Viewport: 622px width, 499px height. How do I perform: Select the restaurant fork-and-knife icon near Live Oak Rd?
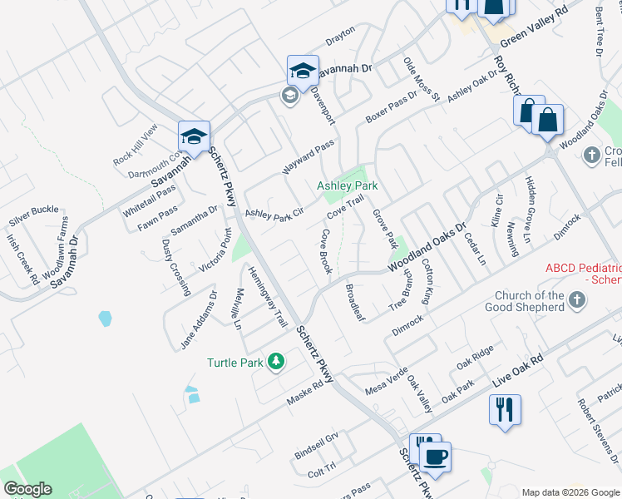pos(505,409)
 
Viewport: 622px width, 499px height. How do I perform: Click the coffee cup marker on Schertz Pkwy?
pos(434,456)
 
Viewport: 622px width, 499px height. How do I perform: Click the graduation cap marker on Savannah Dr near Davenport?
pos(303,70)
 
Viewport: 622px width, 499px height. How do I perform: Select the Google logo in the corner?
pos(27,489)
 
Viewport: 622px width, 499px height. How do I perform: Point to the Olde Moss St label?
pos(420,79)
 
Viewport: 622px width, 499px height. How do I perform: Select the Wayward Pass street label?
pos(307,153)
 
